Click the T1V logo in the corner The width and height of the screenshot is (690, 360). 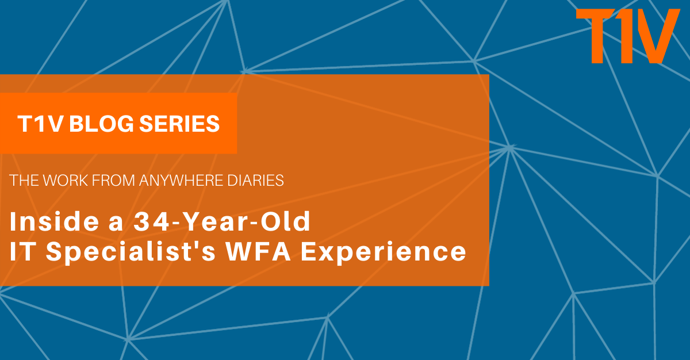[628, 36]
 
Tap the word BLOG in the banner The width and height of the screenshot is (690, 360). [102, 124]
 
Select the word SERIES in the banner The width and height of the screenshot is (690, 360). [179, 124]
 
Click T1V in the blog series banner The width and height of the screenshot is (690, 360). [40, 124]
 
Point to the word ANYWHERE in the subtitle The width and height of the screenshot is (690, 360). [181, 181]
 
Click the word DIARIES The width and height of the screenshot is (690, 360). [255, 181]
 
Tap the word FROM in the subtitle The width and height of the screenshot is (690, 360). [113, 181]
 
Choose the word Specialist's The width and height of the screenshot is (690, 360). [131, 252]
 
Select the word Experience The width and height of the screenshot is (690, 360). [383, 252]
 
